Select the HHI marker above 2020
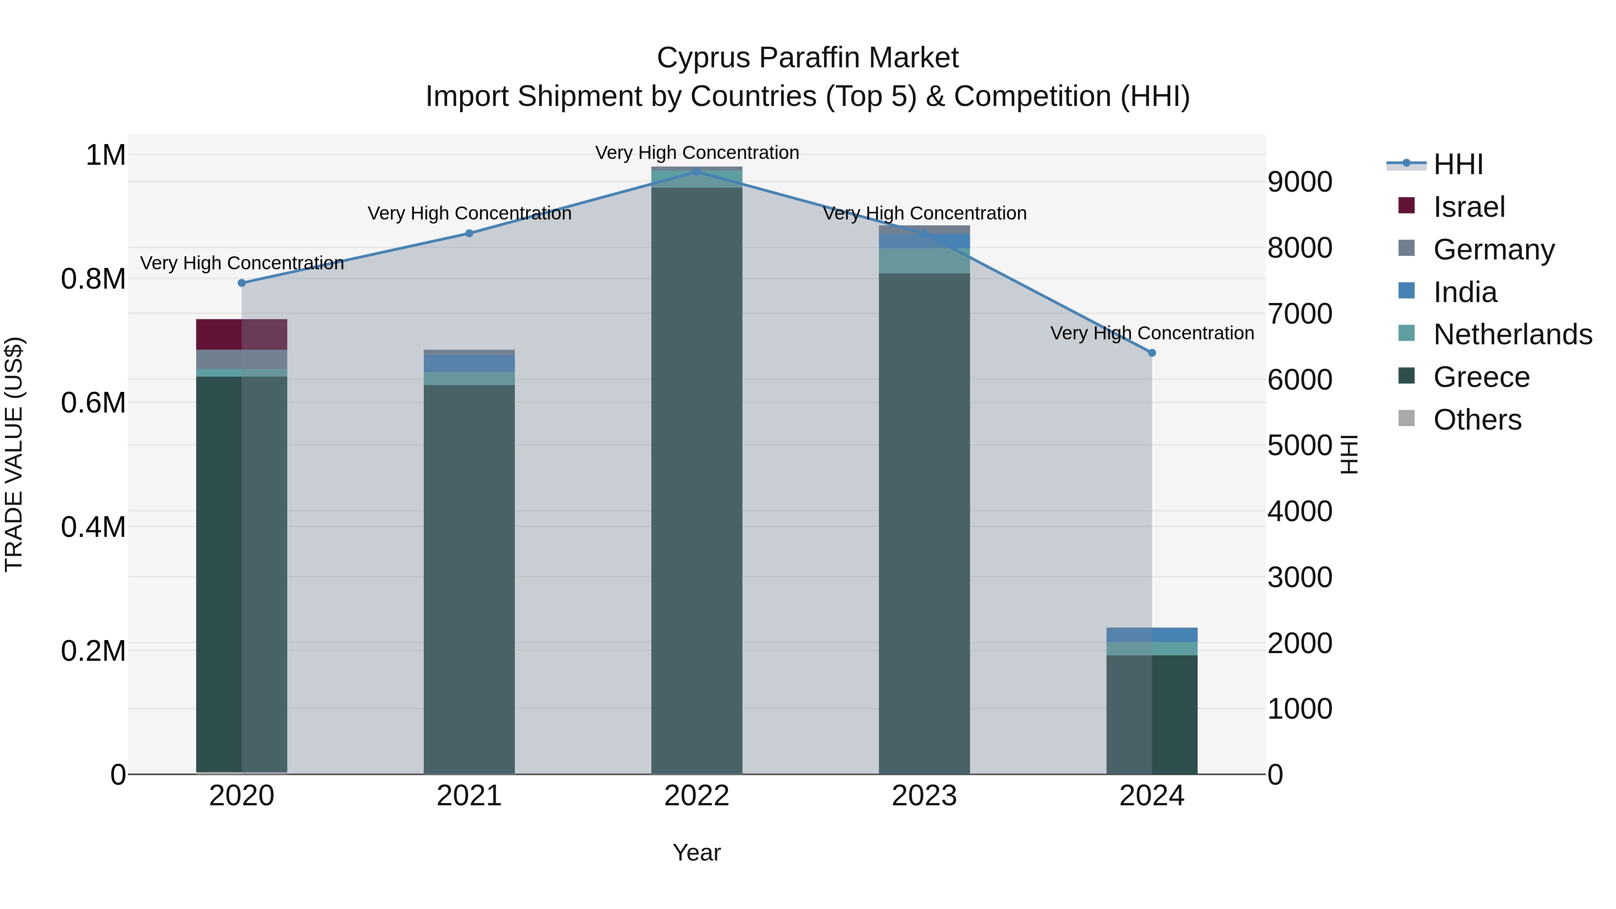(242, 283)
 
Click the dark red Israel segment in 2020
(242, 334)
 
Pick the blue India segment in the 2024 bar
(1152, 635)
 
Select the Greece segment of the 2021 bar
(469, 577)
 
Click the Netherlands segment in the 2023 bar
(924, 261)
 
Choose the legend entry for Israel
(1468, 207)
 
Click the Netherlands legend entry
(1512, 334)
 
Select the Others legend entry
(1477, 420)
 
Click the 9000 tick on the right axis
(1299, 183)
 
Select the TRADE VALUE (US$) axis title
(14, 454)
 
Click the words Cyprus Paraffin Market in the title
(808, 58)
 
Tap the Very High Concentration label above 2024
(1152, 333)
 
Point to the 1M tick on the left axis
(105, 155)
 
